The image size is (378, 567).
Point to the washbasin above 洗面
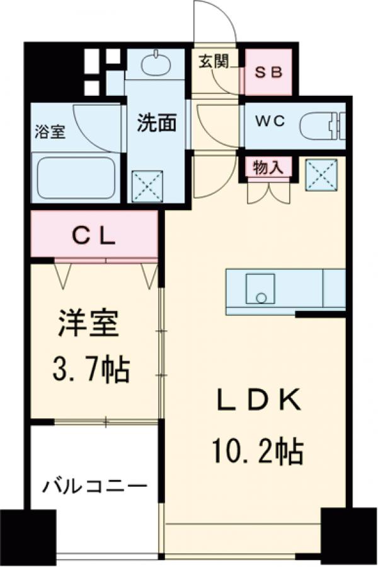[156, 64]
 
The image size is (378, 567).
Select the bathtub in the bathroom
[74, 178]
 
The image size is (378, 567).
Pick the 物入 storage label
[267, 167]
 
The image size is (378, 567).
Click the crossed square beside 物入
[321, 173]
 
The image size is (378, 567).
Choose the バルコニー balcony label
[94, 487]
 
